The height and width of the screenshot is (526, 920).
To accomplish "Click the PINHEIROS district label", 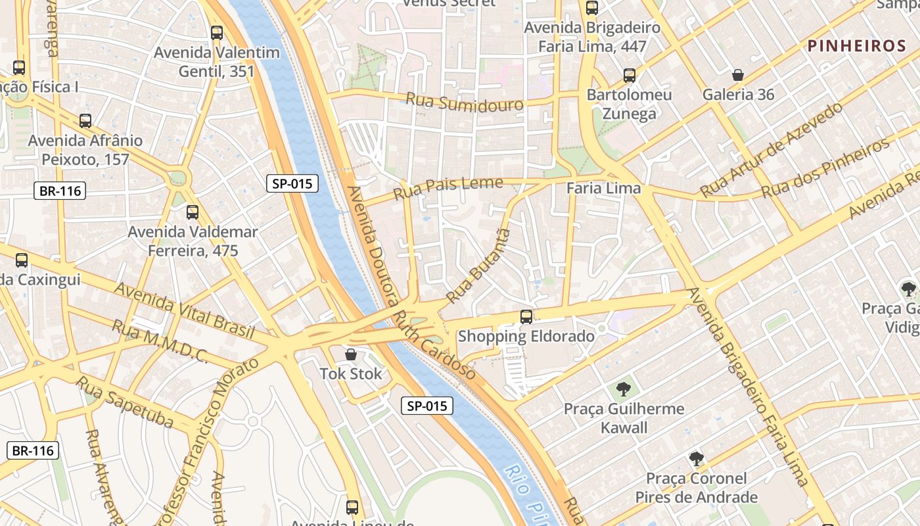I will pyautogui.click(x=857, y=46).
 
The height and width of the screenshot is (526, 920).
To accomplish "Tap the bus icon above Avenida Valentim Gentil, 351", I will pyautogui.click(x=216, y=32).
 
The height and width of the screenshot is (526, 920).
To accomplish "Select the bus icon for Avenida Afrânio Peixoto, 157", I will pyautogui.click(x=85, y=121).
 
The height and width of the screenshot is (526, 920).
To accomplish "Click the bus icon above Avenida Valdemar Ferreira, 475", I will pyautogui.click(x=192, y=212).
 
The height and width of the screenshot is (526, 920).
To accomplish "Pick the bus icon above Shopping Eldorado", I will pyautogui.click(x=526, y=317).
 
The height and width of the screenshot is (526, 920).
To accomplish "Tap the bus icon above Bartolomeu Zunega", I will pyautogui.click(x=629, y=76).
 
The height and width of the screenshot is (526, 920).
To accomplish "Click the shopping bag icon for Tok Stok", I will pyautogui.click(x=351, y=355).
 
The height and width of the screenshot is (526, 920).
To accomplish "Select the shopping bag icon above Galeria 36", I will pyautogui.click(x=738, y=76).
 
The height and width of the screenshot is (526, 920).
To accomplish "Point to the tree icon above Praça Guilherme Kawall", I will pyautogui.click(x=623, y=389).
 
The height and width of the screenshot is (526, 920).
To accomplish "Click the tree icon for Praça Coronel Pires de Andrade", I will pyautogui.click(x=696, y=458).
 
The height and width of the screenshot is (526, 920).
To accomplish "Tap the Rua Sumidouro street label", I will pyautogui.click(x=464, y=103).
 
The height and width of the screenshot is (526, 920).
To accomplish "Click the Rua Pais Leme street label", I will pyautogui.click(x=448, y=188).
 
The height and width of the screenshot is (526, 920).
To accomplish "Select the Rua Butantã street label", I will pyautogui.click(x=477, y=266).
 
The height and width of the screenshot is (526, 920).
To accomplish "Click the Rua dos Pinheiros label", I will pyautogui.click(x=825, y=169).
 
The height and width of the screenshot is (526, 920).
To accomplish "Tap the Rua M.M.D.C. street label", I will pyautogui.click(x=160, y=341).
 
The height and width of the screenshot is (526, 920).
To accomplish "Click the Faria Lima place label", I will pyautogui.click(x=603, y=189).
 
